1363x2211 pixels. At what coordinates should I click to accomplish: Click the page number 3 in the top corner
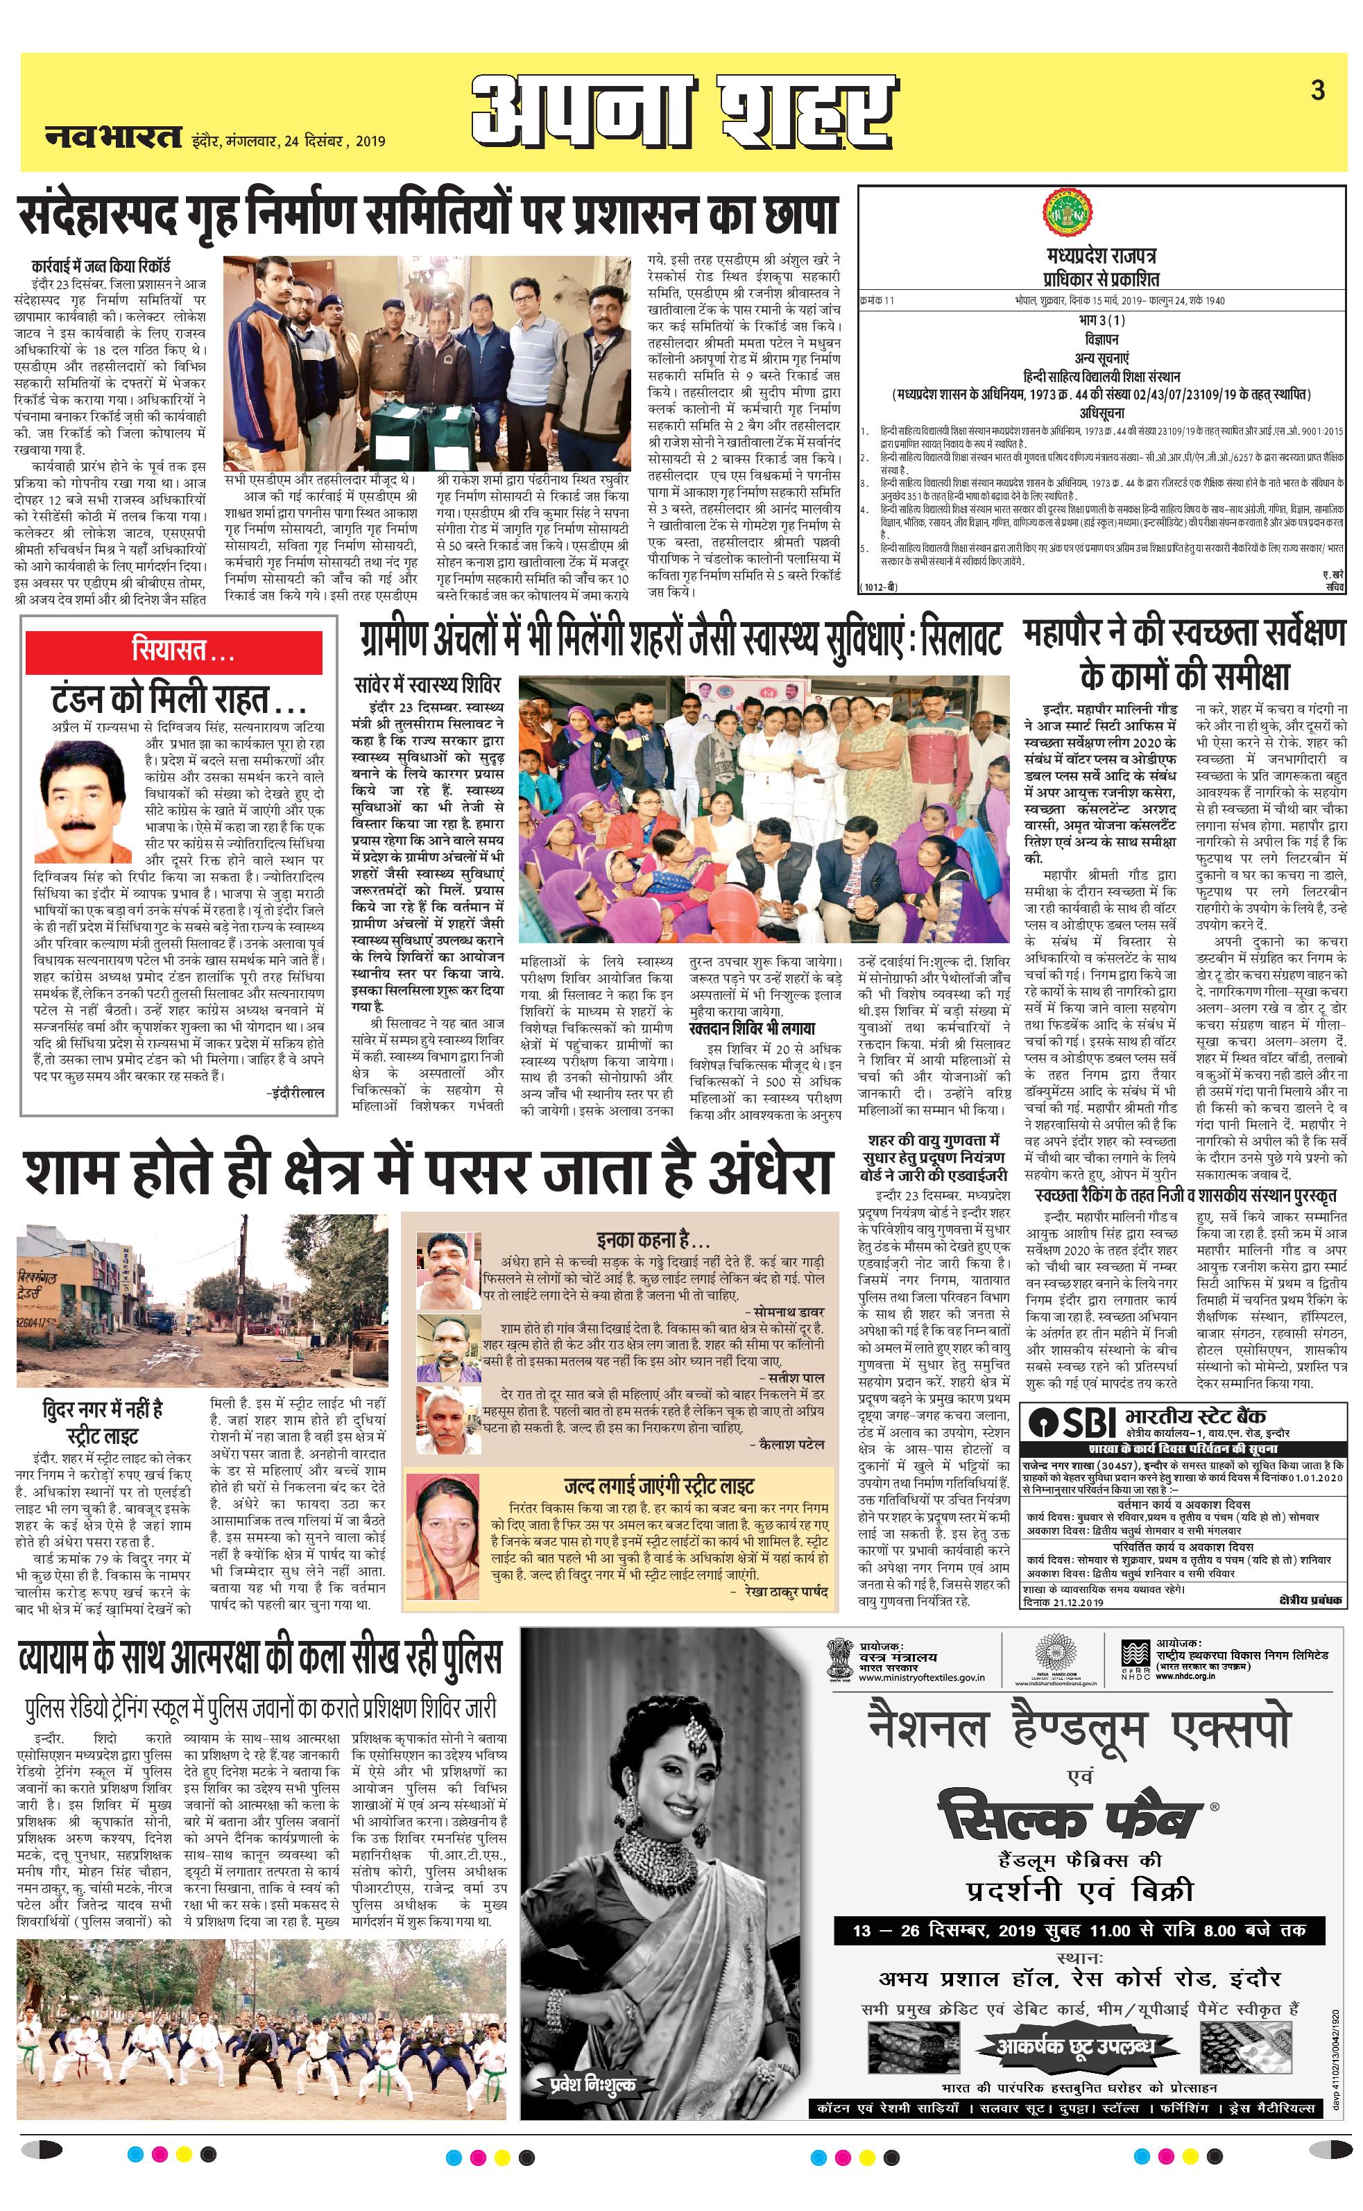(1318, 90)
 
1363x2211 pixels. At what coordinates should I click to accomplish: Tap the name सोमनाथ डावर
(788, 1287)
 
